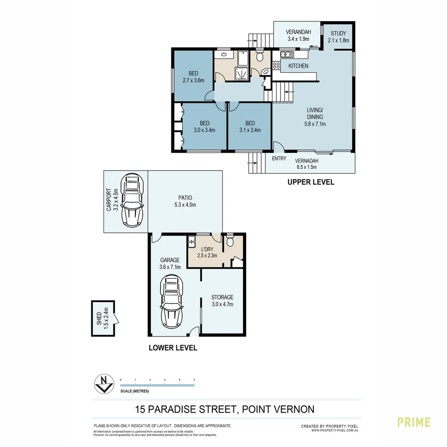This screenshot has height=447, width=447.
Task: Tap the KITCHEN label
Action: (x=298, y=66)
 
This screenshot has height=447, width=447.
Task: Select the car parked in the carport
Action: (x=132, y=200)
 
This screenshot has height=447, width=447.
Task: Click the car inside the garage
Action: (x=171, y=301)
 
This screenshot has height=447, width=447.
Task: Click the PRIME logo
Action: (x=414, y=422)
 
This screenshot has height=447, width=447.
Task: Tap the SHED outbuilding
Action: (x=103, y=318)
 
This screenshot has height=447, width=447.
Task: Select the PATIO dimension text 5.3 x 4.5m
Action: (x=185, y=204)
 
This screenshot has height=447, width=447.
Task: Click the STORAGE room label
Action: (x=222, y=297)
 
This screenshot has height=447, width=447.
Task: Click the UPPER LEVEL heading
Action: (x=311, y=182)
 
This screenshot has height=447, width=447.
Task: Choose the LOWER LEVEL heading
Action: (x=173, y=348)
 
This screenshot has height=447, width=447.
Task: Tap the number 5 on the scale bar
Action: (x=194, y=380)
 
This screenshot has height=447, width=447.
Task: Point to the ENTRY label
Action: (x=279, y=159)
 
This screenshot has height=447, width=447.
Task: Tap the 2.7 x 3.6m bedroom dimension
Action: (x=193, y=80)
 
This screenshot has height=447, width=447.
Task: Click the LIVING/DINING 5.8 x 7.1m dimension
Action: (x=315, y=123)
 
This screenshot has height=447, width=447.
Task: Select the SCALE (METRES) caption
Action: (x=135, y=391)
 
